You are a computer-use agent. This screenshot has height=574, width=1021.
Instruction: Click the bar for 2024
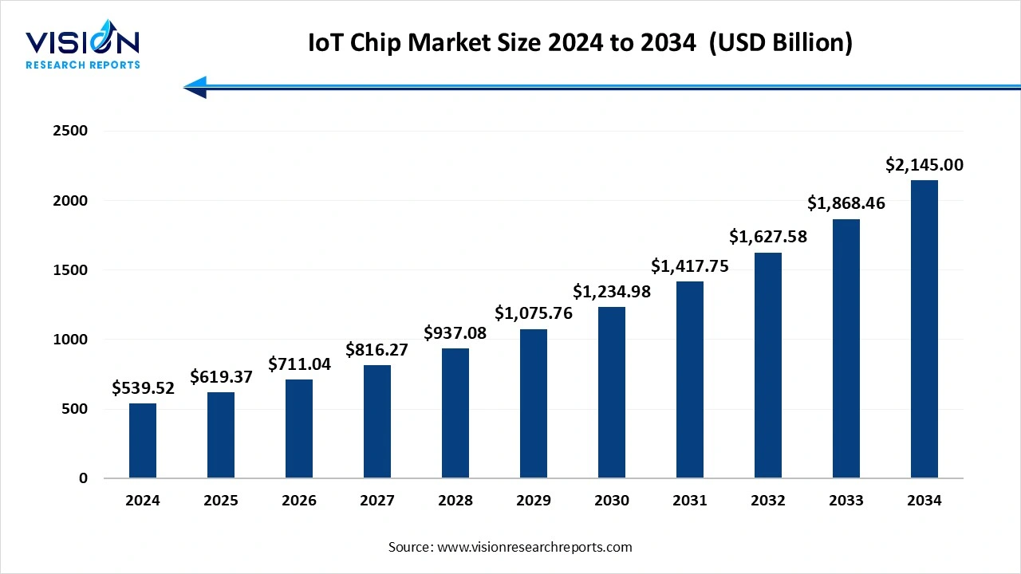pyautogui.click(x=143, y=441)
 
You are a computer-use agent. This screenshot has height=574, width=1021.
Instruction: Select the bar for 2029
pyautogui.click(x=534, y=403)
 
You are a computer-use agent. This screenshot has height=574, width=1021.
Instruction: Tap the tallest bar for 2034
pyautogui.click(x=924, y=329)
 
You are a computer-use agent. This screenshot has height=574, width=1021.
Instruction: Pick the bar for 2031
pyautogui.click(x=690, y=379)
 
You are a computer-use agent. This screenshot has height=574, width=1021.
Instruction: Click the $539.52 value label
pyautogui.click(x=143, y=388)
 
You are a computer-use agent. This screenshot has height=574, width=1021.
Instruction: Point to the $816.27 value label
pyautogui.click(x=377, y=349)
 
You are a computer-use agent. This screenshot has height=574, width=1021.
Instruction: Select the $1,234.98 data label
pyautogui.click(x=612, y=292)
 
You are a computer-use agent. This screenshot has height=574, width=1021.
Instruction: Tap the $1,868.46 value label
pyautogui.click(x=846, y=203)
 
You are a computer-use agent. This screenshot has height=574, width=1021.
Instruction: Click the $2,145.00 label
pyautogui.click(x=924, y=165)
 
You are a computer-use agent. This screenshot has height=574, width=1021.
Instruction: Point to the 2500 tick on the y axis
pyautogui.click(x=71, y=131)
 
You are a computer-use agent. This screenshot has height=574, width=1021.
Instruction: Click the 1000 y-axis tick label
pyautogui.click(x=71, y=340)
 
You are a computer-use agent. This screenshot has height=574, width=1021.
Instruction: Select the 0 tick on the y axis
pyautogui.click(x=83, y=478)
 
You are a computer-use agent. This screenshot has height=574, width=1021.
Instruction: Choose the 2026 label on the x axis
pyautogui.click(x=299, y=501)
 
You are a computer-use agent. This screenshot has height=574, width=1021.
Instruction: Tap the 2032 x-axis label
pyautogui.click(x=768, y=501)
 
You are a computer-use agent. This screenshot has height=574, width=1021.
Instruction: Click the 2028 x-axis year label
pyautogui.click(x=455, y=501)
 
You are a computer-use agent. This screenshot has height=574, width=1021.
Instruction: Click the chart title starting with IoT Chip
pyautogui.click(x=580, y=43)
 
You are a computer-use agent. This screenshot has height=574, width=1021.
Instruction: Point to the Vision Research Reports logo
pyautogui.click(x=83, y=49)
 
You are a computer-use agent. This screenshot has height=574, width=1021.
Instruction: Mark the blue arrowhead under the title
pyautogui.click(x=195, y=87)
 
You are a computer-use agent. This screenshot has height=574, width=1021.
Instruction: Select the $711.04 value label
pyautogui.click(x=299, y=364)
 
